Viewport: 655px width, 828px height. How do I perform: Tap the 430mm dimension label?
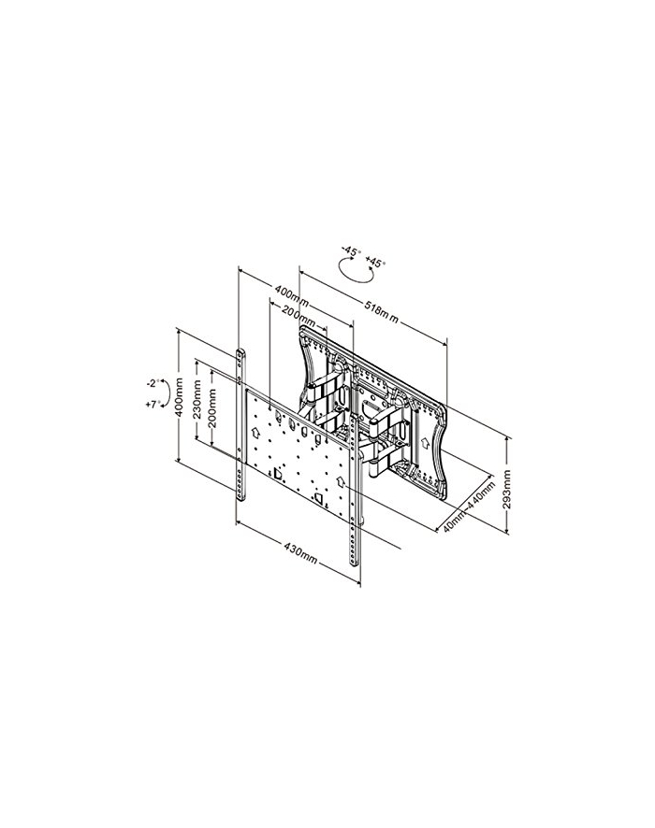pyautogui.click(x=300, y=553)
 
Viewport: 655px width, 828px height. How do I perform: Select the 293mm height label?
pyautogui.click(x=507, y=490)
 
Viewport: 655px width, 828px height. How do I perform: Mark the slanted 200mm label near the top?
pyautogui.click(x=298, y=315)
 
